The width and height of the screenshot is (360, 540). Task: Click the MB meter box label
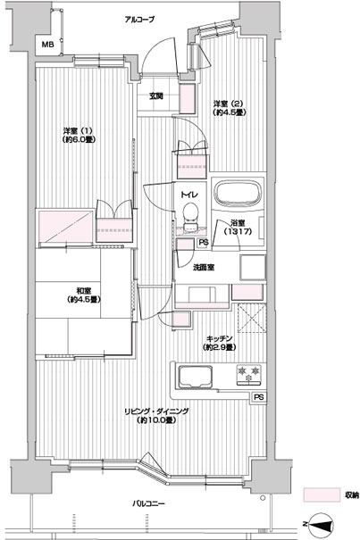[48, 45]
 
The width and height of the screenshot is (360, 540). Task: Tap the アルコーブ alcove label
[139, 20]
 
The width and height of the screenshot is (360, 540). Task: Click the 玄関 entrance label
[156, 96]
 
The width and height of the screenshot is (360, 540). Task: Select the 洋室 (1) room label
[79, 135]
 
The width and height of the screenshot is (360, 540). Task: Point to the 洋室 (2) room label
[229, 108]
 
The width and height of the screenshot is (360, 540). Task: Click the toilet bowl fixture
[189, 217]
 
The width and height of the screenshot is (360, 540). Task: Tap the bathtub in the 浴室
[238, 193]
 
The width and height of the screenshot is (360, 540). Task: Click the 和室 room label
[84, 295]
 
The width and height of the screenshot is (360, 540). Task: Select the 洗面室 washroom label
[204, 268]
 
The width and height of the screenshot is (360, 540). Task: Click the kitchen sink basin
[195, 377]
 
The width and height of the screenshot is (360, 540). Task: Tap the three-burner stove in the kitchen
[248, 374]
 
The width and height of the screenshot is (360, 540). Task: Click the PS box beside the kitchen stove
[259, 397]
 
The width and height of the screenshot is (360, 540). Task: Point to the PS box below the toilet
[203, 243]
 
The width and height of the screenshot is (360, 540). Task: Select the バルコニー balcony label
[149, 503]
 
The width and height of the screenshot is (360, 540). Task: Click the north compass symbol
[321, 524]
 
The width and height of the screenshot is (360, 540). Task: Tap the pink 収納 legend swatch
[322, 494]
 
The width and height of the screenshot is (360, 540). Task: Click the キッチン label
[220, 343]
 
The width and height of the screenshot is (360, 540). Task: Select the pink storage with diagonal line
[66, 228]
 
